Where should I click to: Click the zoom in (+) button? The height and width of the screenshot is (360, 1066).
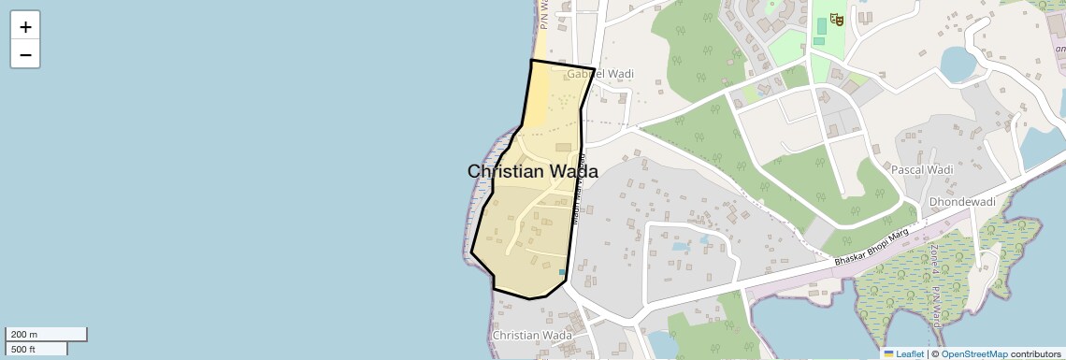(x=25, y=27)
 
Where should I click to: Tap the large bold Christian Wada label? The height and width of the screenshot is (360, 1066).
(x=532, y=171)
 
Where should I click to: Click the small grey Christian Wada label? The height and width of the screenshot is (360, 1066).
(x=532, y=336)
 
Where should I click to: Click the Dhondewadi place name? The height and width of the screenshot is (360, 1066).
(x=961, y=202)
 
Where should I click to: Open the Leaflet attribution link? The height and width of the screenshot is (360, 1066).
(x=910, y=353)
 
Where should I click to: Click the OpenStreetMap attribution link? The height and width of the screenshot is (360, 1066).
(x=974, y=353)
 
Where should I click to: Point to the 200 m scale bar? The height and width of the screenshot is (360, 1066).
(x=46, y=335)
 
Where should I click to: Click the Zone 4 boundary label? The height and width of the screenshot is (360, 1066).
(x=932, y=261)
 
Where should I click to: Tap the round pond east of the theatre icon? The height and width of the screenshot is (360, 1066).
(x=957, y=63)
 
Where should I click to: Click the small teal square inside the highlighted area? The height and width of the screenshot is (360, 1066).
(x=562, y=272)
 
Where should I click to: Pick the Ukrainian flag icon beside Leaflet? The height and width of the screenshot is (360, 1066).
(x=888, y=353)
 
